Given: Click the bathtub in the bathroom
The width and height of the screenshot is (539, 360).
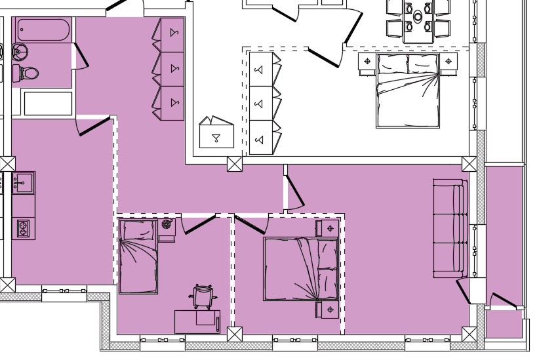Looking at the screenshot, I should pos(43,30).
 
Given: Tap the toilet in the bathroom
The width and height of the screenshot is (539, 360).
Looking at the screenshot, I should pos(28,73).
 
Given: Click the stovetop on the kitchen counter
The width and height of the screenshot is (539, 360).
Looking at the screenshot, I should pos(23,228).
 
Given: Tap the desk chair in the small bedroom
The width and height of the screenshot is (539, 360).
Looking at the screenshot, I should pos(203,296).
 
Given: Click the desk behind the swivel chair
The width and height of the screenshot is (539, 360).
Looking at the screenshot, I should pos(197,321).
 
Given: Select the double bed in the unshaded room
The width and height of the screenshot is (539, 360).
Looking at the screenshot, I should pos(407,90).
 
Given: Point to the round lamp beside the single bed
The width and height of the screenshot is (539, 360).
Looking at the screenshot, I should pos(167,224).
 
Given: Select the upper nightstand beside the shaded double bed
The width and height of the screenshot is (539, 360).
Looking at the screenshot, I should pos(328,228).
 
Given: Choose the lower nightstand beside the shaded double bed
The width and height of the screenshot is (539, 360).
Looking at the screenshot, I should pos(328,310).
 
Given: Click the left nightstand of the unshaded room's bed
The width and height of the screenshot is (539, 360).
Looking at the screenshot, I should pos(367,62).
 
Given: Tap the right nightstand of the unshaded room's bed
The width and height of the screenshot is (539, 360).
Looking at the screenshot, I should pos(449,62).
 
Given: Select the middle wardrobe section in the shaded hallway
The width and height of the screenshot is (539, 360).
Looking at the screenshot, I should pos(172,69).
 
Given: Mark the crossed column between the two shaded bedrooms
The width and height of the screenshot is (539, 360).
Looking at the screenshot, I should pos(234,334).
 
